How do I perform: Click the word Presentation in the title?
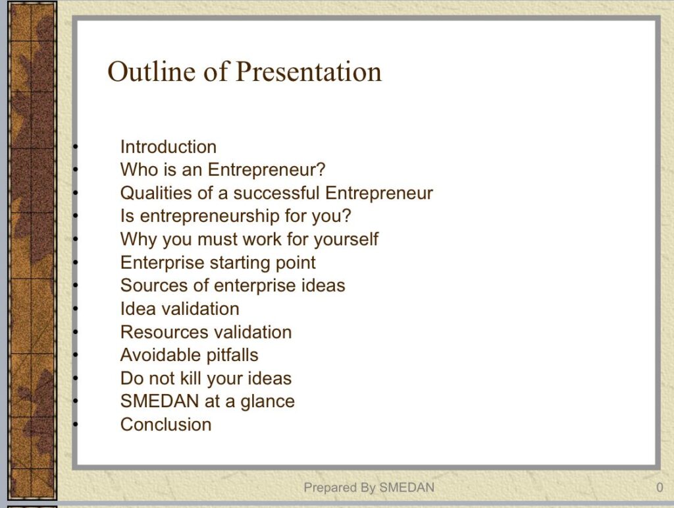click(x=309, y=71)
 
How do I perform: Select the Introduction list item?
click(x=168, y=147)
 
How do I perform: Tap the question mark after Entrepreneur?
click(x=321, y=169)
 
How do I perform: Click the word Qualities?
click(x=156, y=193)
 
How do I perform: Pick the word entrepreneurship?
click(x=209, y=216)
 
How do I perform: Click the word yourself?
click(x=346, y=239)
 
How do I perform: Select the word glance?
click(x=267, y=402)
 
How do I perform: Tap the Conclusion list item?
click(x=166, y=424)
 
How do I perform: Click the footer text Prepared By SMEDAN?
click(x=369, y=488)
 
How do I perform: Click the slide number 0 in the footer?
click(x=660, y=488)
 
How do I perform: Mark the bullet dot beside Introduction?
click(x=76, y=147)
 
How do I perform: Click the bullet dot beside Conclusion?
click(x=76, y=424)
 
